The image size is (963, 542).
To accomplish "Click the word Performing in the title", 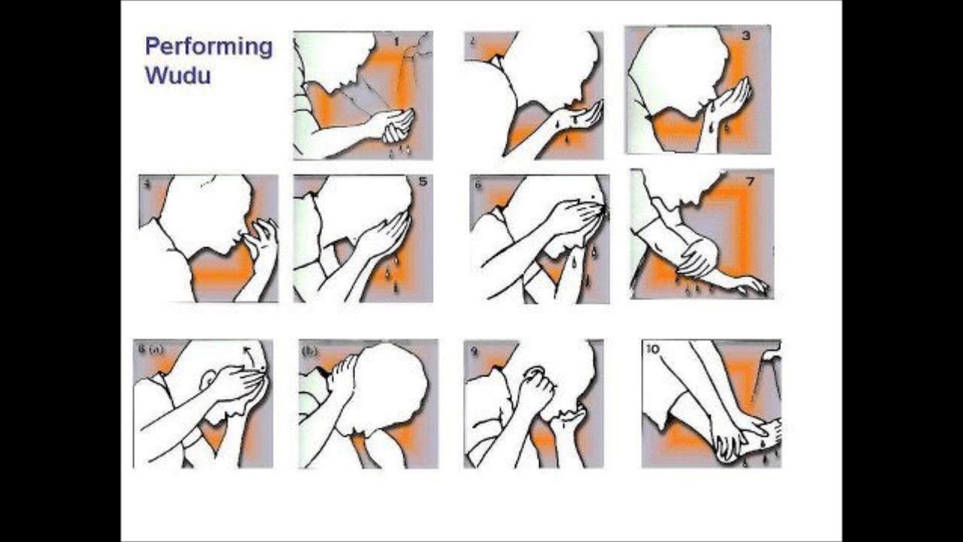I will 208,47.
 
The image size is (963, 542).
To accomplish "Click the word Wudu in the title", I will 178,76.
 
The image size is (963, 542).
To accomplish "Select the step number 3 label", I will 746,35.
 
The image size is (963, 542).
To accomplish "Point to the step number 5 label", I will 422,181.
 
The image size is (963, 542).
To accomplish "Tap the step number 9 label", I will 474,350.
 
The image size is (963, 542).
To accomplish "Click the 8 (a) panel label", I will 150,349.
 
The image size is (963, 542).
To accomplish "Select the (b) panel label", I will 308,351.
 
